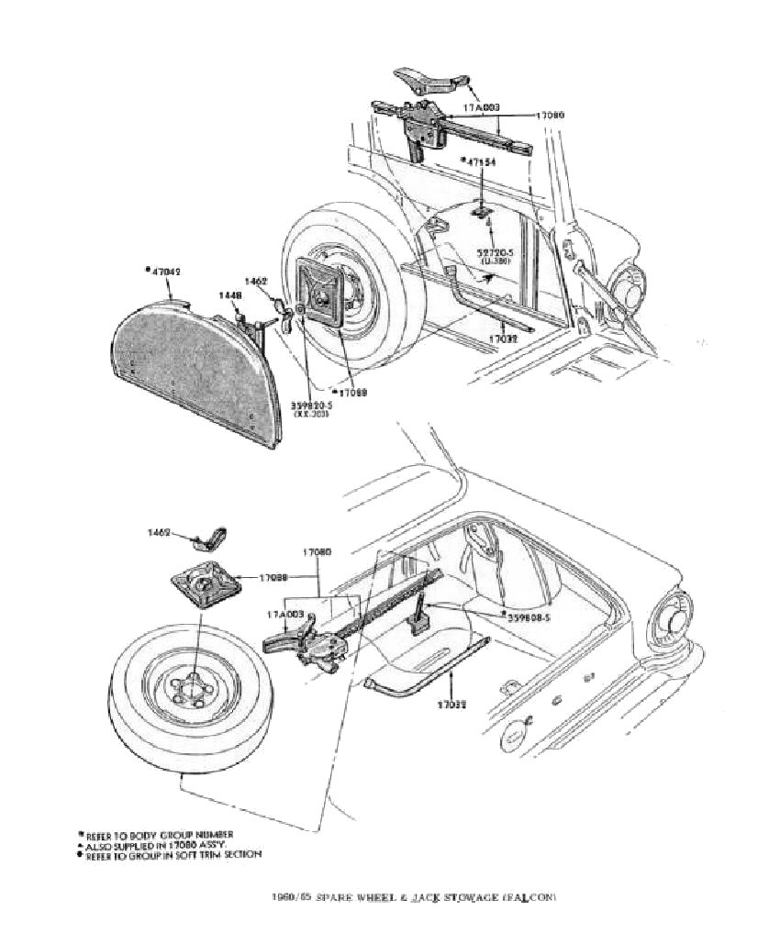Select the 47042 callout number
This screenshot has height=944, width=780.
click(166, 271)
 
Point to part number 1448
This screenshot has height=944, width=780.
click(231, 295)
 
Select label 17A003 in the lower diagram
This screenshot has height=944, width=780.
click(285, 613)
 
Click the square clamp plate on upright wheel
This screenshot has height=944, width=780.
click(322, 293)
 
